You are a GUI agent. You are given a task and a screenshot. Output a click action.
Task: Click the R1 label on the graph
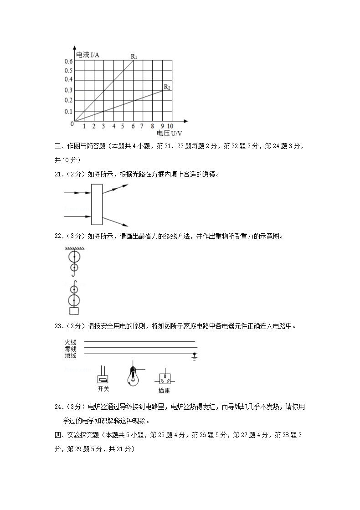(x=134, y=57)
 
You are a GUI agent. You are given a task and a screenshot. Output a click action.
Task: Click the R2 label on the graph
(x=167, y=87)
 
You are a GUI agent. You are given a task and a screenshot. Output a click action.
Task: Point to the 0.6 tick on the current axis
(x=69, y=62)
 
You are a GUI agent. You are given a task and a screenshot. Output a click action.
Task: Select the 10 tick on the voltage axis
(x=170, y=126)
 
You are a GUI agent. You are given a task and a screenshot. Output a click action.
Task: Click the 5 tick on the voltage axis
(x=123, y=126)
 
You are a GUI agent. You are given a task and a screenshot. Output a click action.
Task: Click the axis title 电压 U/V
(x=169, y=133)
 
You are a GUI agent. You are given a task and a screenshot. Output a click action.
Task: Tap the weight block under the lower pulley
(x=73, y=311)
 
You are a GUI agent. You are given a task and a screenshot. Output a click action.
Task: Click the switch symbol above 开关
(x=103, y=379)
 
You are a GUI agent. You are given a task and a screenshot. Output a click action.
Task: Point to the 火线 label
(x=70, y=342)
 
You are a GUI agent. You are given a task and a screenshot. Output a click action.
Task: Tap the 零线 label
(x=70, y=349)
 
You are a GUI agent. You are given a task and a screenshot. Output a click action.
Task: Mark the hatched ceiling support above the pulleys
(x=73, y=248)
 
